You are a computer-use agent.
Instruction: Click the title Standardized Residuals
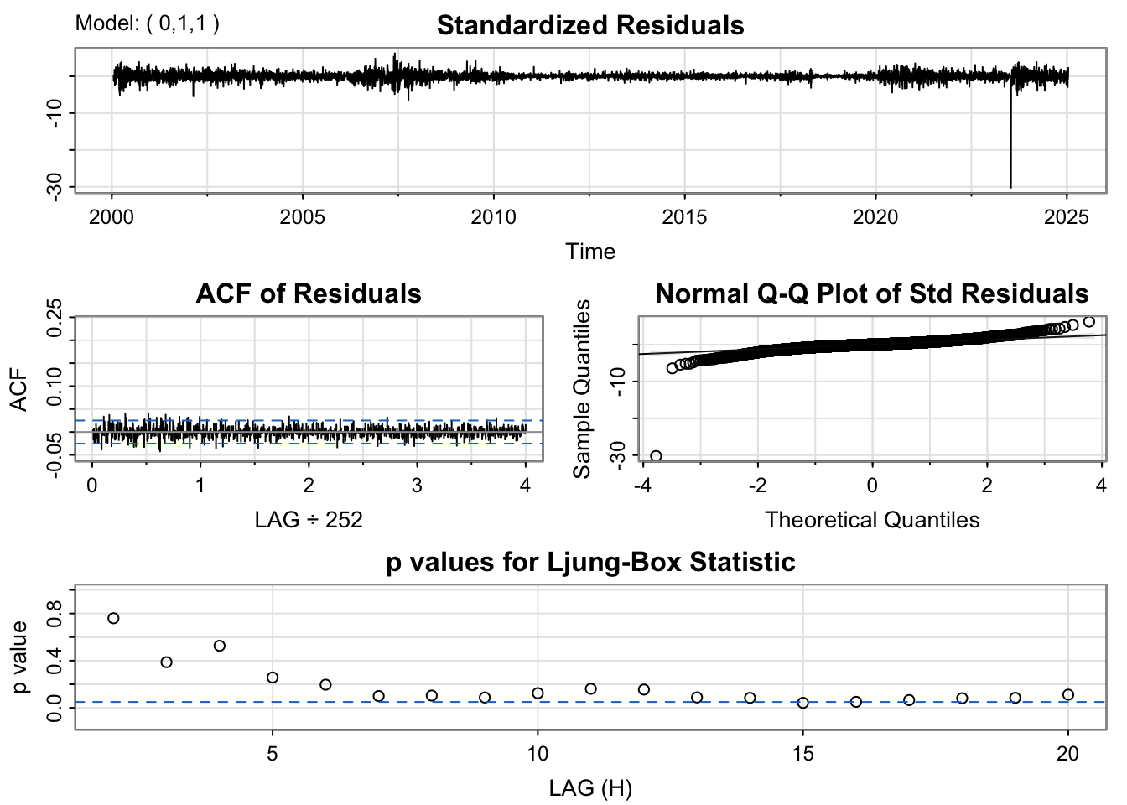(590, 26)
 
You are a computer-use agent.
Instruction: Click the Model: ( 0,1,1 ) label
(148, 23)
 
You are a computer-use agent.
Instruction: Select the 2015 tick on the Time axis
(684, 217)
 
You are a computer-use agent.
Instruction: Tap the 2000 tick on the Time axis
(112, 217)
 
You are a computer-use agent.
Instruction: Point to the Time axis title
(590, 252)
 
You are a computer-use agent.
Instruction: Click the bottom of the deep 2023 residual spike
(1010, 186)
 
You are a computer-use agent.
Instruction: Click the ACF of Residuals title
(309, 294)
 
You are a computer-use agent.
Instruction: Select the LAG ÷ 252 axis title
(309, 520)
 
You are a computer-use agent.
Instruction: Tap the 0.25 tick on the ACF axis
(55, 319)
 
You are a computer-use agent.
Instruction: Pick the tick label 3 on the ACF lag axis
(417, 486)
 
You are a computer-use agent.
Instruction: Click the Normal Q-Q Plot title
(872, 294)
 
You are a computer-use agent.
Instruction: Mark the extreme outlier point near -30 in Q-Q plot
(656, 456)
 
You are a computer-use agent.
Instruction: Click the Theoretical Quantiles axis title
(872, 520)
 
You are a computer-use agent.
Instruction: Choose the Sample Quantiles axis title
(581, 388)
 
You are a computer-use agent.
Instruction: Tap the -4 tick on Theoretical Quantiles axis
(643, 486)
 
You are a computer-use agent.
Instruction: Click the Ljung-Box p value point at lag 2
(113, 618)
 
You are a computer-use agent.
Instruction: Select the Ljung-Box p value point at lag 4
(220, 646)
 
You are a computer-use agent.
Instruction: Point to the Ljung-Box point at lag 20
(1068, 694)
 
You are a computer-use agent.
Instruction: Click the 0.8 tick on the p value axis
(55, 614)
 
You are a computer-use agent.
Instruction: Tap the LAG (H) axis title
(590, 788)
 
